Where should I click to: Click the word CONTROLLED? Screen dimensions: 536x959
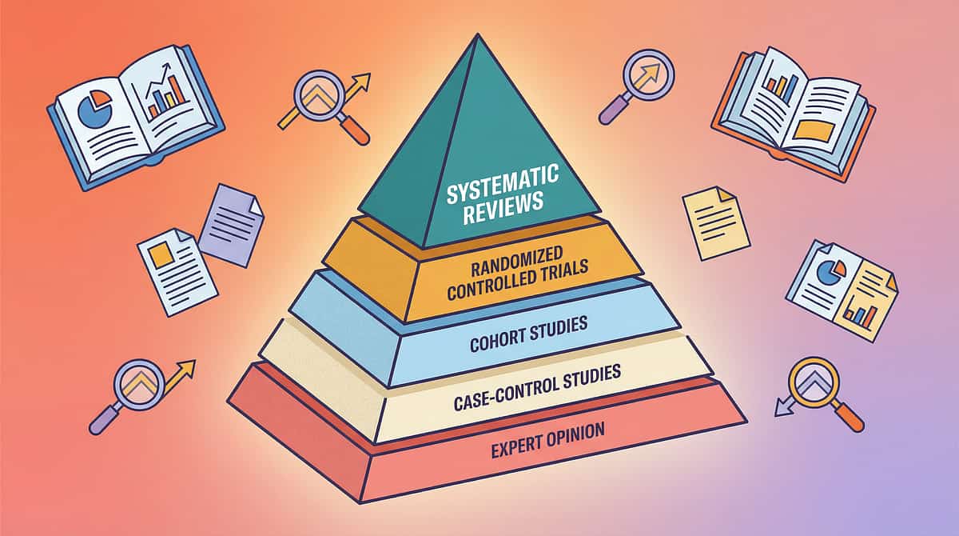pyautogui.click(x=481, y=290)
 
